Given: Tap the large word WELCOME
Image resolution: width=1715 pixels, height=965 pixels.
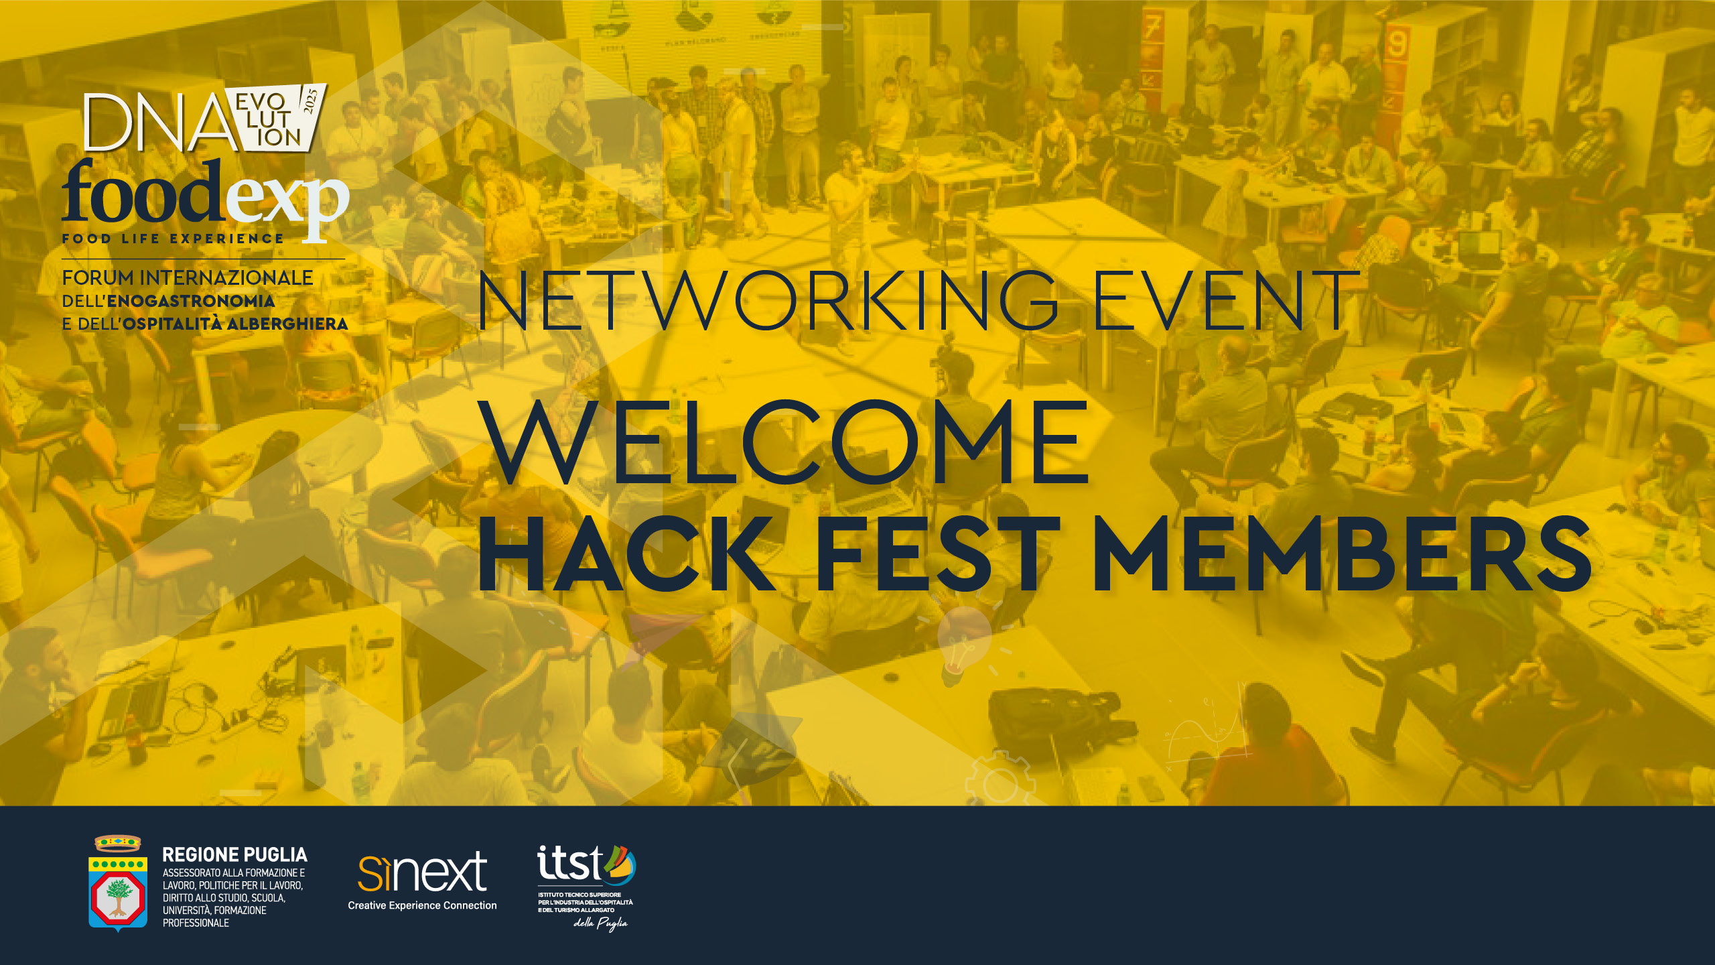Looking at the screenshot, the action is [784, 442].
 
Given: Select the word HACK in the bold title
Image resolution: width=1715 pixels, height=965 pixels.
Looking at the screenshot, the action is [627, 554].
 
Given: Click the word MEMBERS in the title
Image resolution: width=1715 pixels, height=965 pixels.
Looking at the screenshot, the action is [1343, 554].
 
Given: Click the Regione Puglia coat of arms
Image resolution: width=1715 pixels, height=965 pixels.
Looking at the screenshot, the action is [118, 883].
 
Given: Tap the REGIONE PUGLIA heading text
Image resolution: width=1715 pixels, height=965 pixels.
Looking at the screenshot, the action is [235, 855].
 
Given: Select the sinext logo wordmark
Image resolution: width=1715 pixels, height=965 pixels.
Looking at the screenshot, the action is [422, 872].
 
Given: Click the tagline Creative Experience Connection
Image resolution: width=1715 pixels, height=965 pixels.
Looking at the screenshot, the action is [422, 905].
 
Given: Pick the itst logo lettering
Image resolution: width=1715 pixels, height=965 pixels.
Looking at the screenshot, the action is [570, 863].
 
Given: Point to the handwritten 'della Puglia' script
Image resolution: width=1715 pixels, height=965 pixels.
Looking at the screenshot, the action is [600, 923].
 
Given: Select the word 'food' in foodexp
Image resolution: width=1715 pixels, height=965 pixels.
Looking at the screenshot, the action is [143, 192].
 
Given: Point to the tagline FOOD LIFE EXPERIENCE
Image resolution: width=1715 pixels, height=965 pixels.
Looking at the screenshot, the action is [173, 239].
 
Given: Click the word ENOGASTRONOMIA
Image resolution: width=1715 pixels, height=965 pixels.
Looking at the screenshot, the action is [191, 301].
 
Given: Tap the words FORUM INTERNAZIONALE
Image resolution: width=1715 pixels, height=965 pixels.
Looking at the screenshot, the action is [188, 277].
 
